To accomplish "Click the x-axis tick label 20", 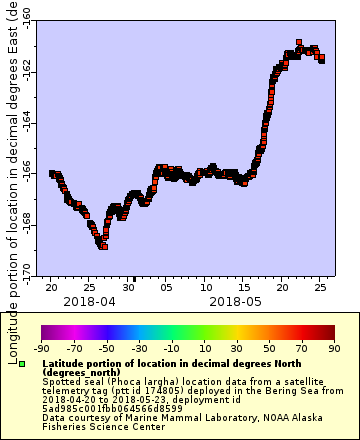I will pyautogui.click(x=50, y=286).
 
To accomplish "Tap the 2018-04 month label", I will pyautogui.click(x=89, y=300).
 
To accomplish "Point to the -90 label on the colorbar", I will pyautogui.click(x=41, y=348).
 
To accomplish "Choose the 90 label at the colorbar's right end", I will pyautogui.click(x=333, y=348).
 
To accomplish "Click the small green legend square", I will pyautogui.click(x=22, y=363).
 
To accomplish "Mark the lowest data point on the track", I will pyautogui.click(x=103, y=246).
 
